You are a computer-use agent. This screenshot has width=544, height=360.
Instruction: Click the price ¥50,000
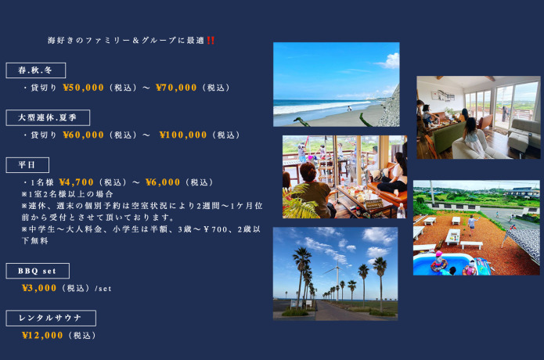pos(83,88)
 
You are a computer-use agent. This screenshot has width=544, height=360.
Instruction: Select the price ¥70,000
pos(176,88)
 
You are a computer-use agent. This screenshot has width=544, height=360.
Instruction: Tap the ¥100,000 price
pos(183,135)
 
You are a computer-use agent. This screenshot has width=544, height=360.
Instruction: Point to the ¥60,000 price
pos(83,135)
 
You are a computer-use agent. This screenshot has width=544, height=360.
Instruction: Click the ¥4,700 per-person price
pos(77,182)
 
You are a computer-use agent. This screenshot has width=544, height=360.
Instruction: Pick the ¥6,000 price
pos(163,182)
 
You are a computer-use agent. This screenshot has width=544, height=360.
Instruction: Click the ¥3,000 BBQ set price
pos(39,288)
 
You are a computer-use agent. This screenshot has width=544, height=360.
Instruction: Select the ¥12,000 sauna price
pos(42,335)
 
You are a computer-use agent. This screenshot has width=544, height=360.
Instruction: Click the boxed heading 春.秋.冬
pos(36,70)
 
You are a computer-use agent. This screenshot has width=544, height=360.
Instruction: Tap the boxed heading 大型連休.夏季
pos(48,117)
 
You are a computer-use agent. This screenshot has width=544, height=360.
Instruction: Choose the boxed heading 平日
pos(27,165)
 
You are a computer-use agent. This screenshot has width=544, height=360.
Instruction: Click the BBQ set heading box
pos(38,271)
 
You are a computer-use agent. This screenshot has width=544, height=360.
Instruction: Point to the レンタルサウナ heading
pos(51,318)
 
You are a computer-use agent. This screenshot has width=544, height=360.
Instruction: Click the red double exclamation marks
pos(211,41)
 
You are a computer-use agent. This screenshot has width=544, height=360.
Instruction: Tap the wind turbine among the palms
pos(337,280)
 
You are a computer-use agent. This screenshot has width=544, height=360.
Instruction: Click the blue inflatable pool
pos(444,264)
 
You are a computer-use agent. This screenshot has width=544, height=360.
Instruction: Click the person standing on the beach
pos(349,109)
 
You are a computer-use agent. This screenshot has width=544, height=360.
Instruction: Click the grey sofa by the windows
pos(524,134)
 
